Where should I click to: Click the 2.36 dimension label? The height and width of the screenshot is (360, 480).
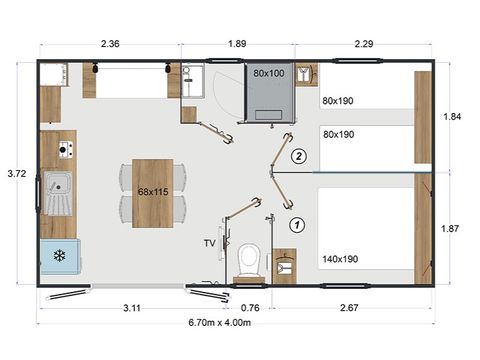[x=109, y=43]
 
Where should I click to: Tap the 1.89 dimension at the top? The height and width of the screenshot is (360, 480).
[x=237, y=43]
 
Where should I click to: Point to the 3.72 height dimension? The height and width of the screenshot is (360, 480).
[x=15, y=173]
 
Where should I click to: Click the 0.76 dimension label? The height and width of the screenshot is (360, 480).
[x=251, y=307]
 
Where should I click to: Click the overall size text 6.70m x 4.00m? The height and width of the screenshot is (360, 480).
[x=237, y=322]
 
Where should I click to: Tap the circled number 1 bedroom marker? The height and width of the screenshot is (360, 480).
[x=297, y=225]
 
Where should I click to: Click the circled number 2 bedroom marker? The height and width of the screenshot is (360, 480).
[x=297, y=156]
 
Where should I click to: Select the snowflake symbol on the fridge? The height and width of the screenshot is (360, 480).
[x=59, y=255]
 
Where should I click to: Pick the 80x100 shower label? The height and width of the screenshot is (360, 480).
[x=269, y=74]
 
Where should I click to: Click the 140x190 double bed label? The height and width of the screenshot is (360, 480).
[x=340, y=258]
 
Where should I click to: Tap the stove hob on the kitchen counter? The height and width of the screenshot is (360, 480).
[x=65, y=150]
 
